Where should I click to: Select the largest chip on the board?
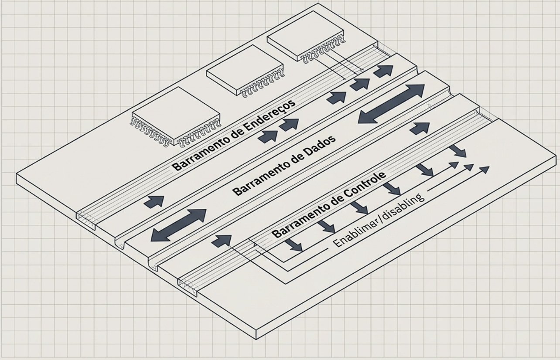[x=176, y=115]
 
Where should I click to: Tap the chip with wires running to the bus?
[x=304, y=35]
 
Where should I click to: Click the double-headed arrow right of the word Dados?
[x=391, y=104]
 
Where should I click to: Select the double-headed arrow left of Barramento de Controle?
[x=178, y=225]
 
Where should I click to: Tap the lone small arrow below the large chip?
[x=154, y=201]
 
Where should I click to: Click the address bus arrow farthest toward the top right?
[x=383, y=71]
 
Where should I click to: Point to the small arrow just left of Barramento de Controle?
[x=222, y=241]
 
